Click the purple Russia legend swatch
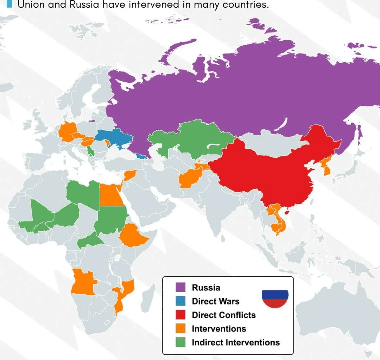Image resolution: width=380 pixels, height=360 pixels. point(180,287)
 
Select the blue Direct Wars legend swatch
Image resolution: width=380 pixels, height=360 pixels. point(180,301)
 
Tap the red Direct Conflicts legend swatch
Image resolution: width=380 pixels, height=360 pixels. point(180,315)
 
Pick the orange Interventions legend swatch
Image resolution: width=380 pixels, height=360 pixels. point(180,328)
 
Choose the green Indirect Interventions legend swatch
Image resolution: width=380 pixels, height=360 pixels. point(180,342)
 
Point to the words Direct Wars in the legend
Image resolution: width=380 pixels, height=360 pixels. point(215,301)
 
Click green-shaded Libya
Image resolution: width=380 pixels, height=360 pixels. point(81,193)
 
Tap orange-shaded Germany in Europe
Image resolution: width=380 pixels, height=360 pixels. point(66,132)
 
